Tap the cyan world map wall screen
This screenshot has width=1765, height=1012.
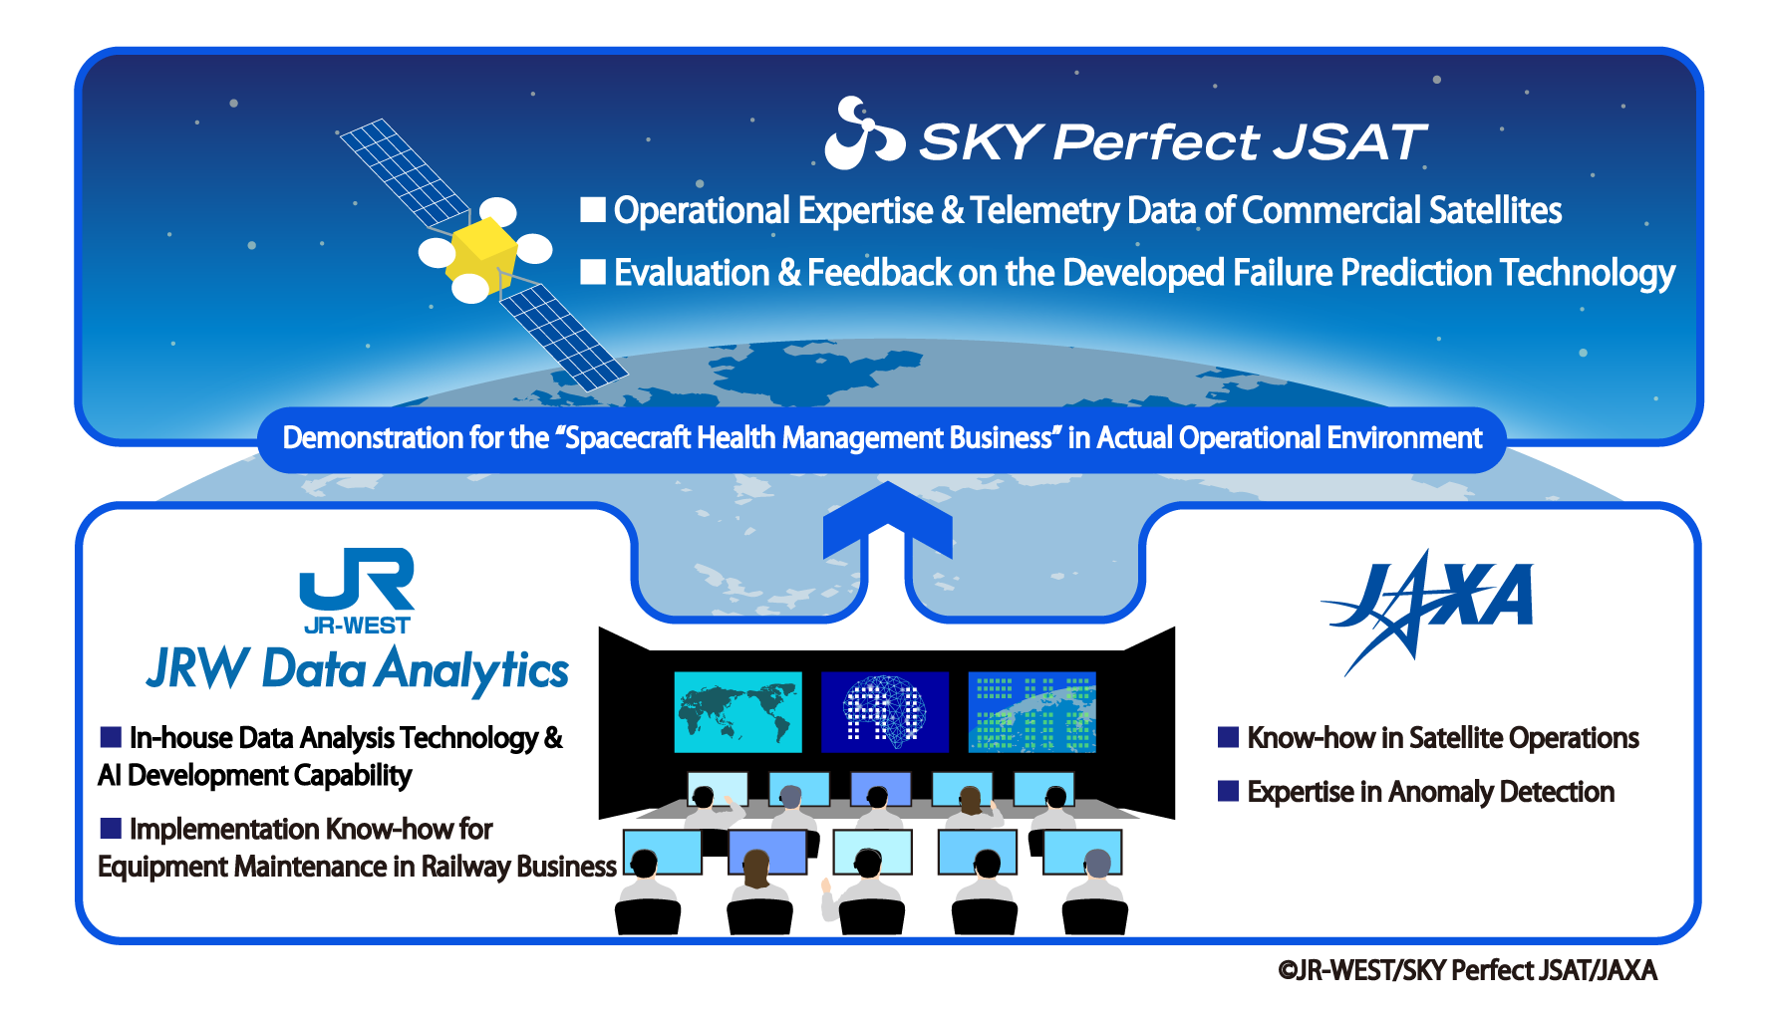point(737,711)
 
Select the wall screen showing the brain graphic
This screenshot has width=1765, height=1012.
point(884,711)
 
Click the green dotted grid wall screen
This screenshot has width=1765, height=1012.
point(1031,711)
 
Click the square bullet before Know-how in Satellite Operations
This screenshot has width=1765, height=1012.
point(1229,737)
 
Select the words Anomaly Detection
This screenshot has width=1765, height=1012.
point(1501,792)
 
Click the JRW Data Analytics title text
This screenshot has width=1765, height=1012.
point(358,669)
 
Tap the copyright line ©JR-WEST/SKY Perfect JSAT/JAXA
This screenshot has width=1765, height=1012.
point(1467,970)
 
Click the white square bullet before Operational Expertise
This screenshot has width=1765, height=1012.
point(593,209)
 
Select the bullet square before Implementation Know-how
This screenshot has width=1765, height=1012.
point(111,828)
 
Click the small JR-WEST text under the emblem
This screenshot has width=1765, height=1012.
point(357,626)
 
